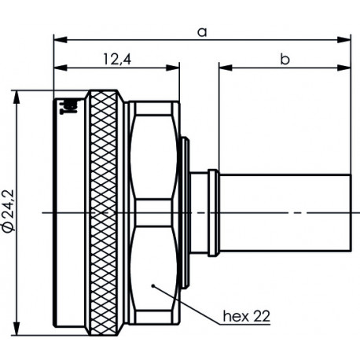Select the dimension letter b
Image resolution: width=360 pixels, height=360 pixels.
coord(285,58)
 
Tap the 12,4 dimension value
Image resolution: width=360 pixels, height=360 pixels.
coord(117,58)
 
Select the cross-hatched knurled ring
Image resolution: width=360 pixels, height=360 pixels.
coord(105,212)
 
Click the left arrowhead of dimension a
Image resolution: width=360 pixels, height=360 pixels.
coord(58,38)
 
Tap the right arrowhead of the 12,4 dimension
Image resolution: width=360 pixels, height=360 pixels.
coord(177,67)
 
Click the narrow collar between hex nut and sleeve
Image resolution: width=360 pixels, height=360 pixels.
coord(211,212)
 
